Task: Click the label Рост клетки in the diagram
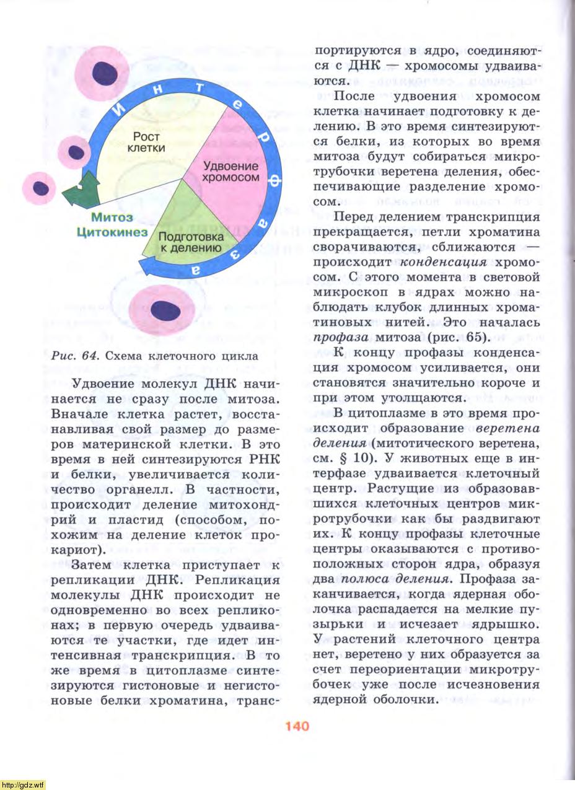tap(146, 142)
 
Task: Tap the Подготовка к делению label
tap(190, 242)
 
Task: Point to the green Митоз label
tap(112, 217)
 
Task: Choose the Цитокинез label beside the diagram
tap(112, 232)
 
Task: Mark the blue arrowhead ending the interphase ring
tap(147, 266)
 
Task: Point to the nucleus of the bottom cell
tap(165, 310)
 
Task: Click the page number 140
tap(297, 726)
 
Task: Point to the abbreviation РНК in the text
tap(258, 459)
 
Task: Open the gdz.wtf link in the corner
tap(23, 784)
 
